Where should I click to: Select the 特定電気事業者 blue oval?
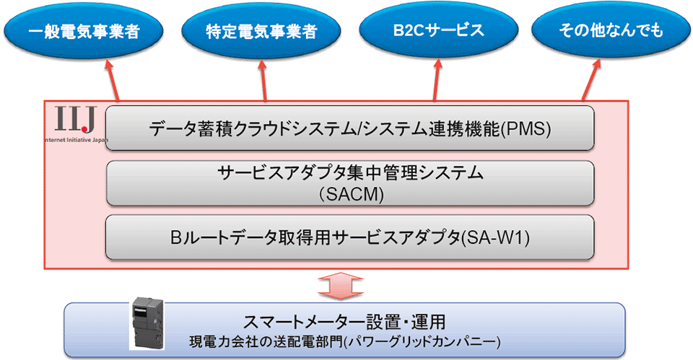(x=261, y=31)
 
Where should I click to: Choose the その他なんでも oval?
(x=611, y=31)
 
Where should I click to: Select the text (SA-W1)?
(x=496, y=236)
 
